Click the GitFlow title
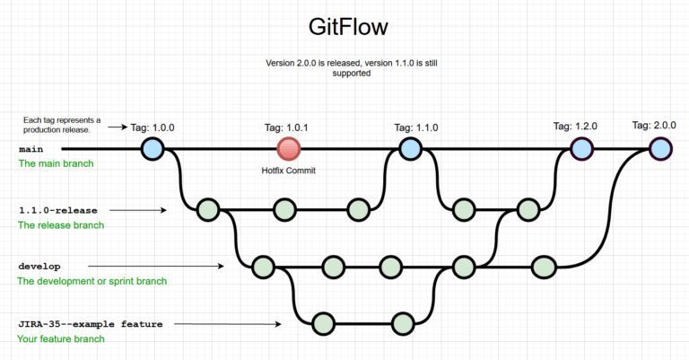point(348,27)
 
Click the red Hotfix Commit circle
point(289,149)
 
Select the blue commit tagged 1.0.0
point(153,148)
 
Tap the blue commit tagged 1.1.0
point(410,148)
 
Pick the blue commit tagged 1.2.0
point(581,148)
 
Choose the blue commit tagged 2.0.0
point(660,148)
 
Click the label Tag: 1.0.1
point(286,127)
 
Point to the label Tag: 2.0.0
point(654,126)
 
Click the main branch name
point(31,149)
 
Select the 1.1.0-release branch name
point(58,211)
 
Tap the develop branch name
point(39,267)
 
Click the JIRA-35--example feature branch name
point(91,324)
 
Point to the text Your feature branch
point(61,338)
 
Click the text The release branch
point(61,225)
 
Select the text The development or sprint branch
point(92,281)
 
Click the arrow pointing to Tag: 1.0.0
point(118,127)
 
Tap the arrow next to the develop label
point(156,266)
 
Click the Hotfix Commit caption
point(289,171)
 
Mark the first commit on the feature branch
point(324,324)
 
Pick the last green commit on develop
point(544,267)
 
